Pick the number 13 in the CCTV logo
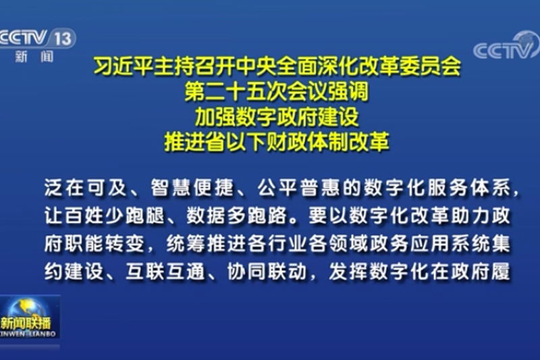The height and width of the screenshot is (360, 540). pos(61,38)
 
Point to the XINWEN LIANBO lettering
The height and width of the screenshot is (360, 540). pos(30,332)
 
